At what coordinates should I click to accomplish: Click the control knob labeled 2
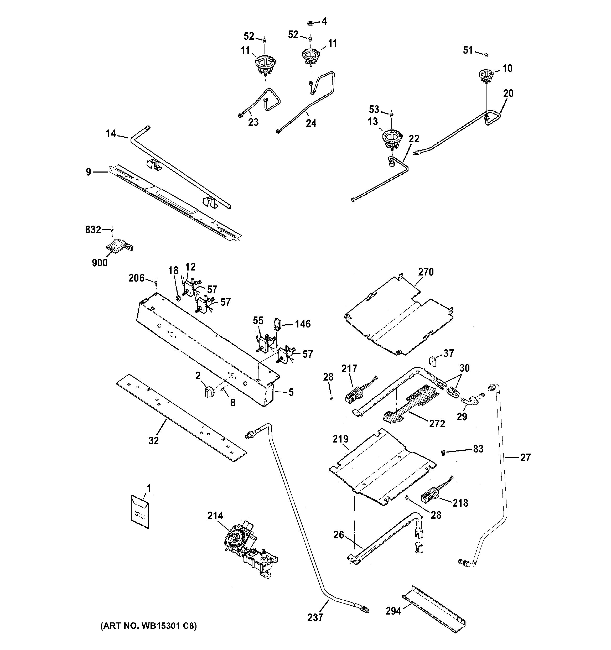coord(208,391)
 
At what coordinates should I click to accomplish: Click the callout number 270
coord(426,272)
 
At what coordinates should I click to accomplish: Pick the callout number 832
coord(93,230)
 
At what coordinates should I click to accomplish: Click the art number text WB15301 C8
coord(148,626)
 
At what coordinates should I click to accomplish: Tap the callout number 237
coord(315,617)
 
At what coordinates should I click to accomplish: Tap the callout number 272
coord(437,424)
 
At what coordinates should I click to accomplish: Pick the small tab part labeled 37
coord(433,361)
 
